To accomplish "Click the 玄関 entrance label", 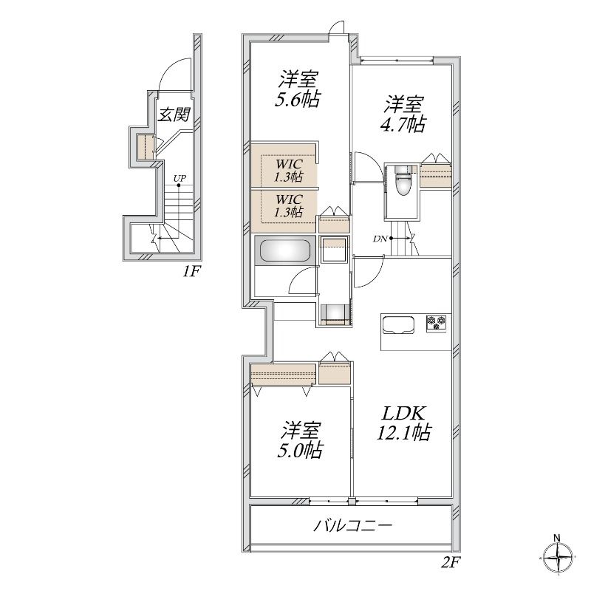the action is pyautogui.click(x=174, y=115).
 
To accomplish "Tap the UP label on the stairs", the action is pyautogui.click(x=180, y=178).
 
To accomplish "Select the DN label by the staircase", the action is pyautogui.click(x=380, y=238).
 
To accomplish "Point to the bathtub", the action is pyautogui.click(x=285, y=250).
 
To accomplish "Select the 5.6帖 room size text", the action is pyautogui.click(x=298, y=100).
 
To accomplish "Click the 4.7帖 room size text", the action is pyautogui.click(x=403, y=124).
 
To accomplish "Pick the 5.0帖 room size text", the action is pyautogui.click(x=300, y=450).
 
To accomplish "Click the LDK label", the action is pyautogui.click(x=404, y=414).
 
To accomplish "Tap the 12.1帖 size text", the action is pyautogui.click(x=403, y=432).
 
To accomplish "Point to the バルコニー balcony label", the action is pyautogui.click(x=353, y=525).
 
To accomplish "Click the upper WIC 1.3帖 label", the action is pyautogui.click(x=289, y=171).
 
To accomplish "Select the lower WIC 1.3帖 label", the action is pyautogui.click(x=289, y=205).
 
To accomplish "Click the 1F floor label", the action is pyautogui.click(x=191, y=271).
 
